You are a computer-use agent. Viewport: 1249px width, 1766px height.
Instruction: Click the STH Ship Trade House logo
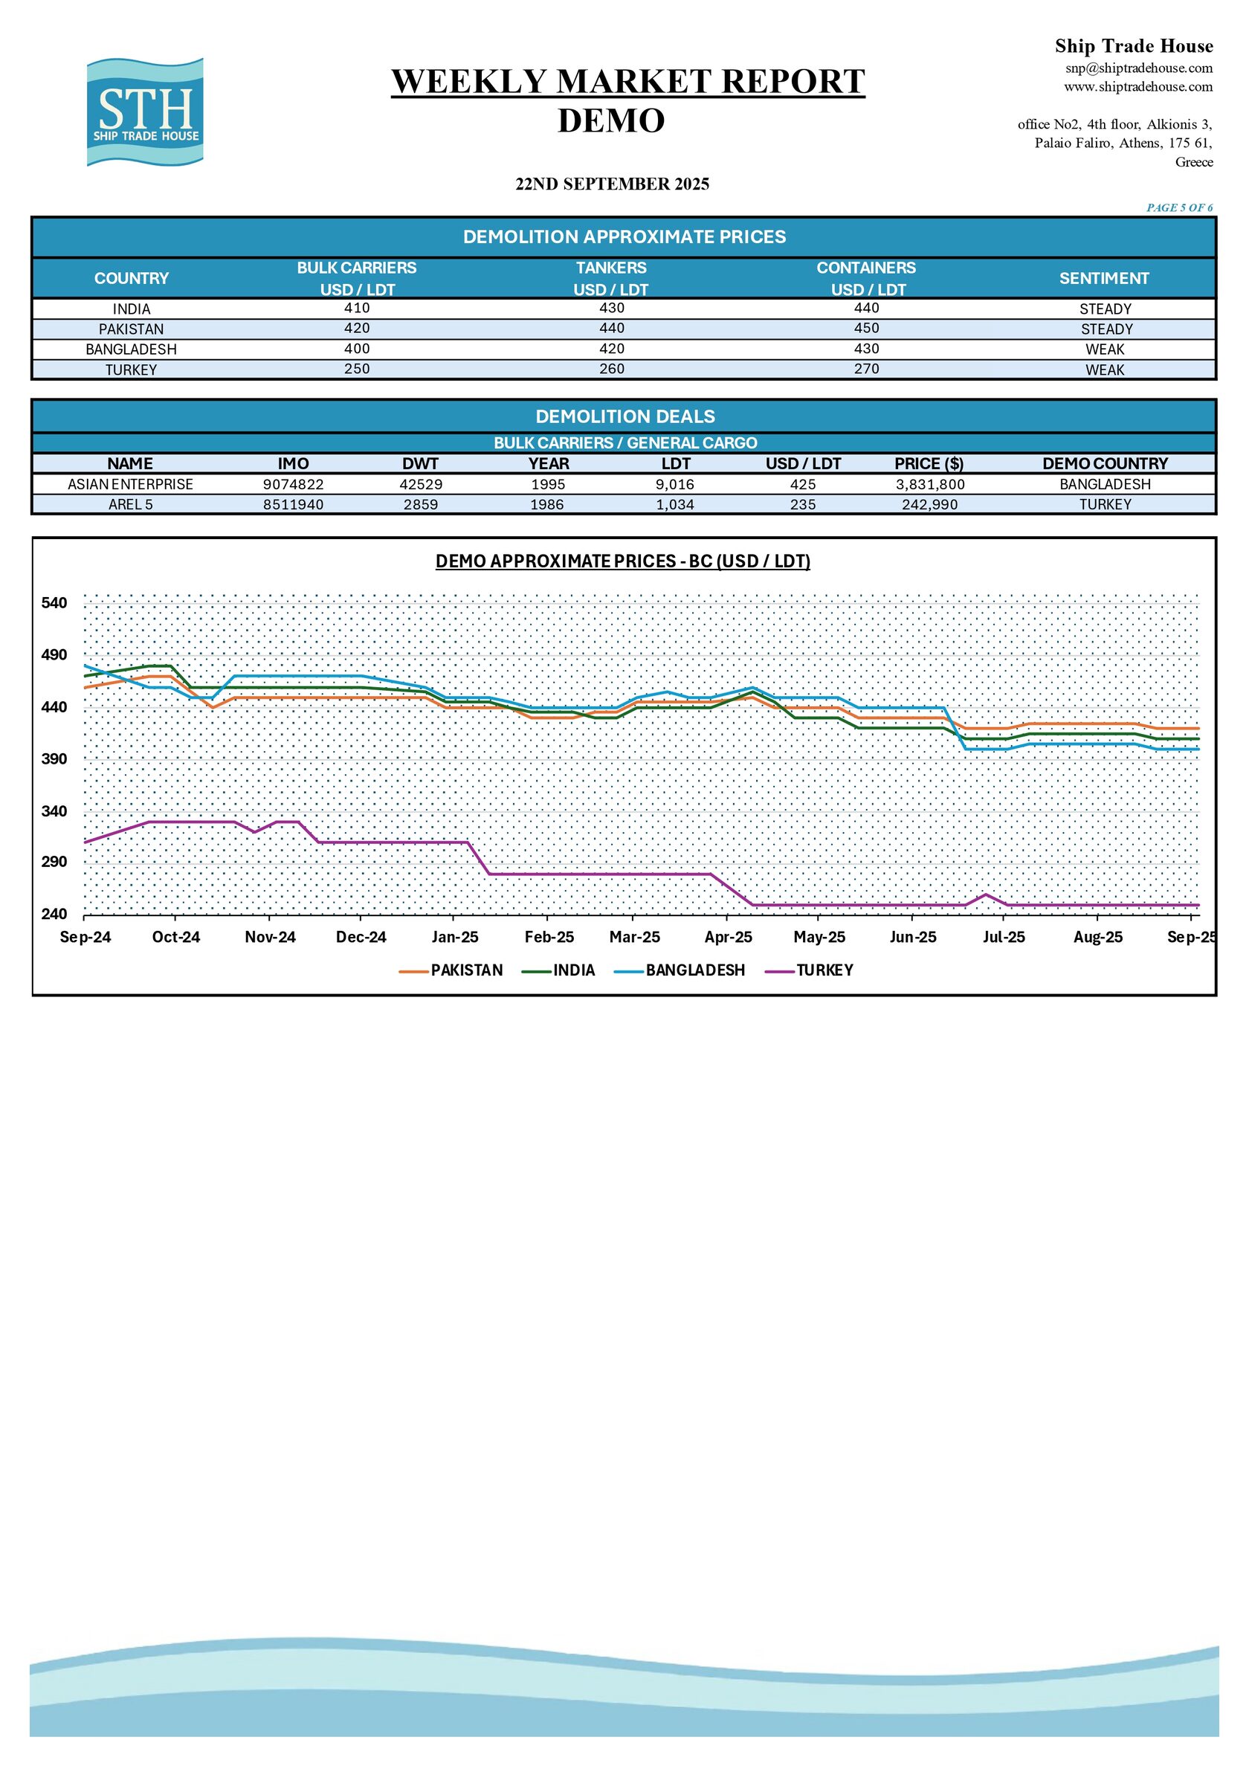[146, 112]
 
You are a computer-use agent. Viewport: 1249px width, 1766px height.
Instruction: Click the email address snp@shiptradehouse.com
[1138, 68]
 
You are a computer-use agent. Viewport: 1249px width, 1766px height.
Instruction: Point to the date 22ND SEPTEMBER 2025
[612, 184]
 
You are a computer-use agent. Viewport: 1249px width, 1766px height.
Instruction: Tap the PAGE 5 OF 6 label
[1179, 207]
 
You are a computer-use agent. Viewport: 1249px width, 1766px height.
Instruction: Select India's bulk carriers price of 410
[357, 309]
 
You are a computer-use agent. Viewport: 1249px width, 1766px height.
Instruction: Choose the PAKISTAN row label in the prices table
[131, 329]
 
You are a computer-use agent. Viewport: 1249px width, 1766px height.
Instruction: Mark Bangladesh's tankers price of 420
[611, 349]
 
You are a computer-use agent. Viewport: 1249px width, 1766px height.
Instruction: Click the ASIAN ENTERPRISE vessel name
[130, 485]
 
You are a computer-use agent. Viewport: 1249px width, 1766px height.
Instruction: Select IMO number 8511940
[293, 505]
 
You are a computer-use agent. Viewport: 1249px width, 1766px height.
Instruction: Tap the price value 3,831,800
[930, 485]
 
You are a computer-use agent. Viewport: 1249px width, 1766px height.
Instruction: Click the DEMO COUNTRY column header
[1106, 464]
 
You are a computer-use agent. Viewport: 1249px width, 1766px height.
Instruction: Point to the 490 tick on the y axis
[54, 655]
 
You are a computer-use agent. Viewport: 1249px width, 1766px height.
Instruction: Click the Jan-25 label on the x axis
[454, 937]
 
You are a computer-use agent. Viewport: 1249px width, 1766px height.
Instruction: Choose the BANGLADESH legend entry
[680, 970]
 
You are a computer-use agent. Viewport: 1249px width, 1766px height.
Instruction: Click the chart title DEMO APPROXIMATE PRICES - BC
[623, 561]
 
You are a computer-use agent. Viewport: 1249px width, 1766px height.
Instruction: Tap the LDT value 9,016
[675, 485]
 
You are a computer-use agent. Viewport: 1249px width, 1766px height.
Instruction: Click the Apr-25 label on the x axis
[729, 937]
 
